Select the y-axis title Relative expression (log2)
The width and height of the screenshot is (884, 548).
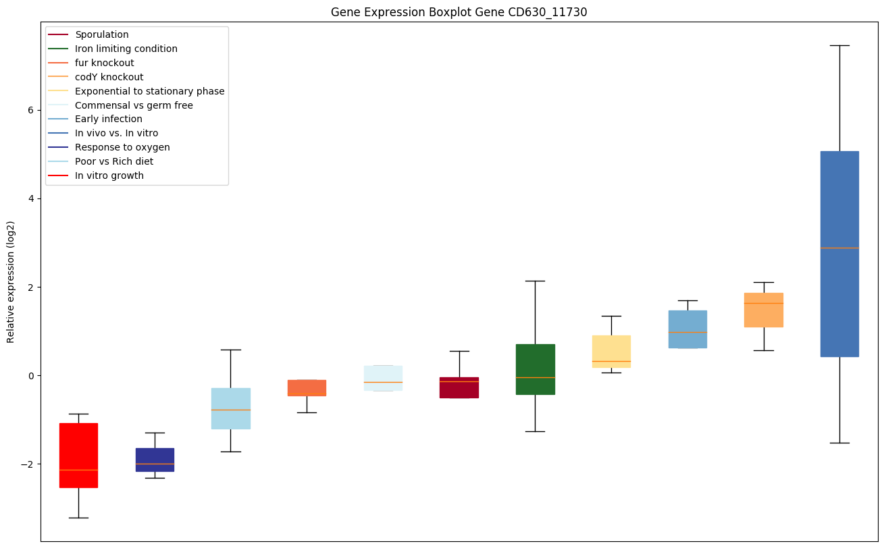[11, 281]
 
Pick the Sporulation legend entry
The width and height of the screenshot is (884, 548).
[102, 34]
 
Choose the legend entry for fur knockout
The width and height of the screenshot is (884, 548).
[105, 63]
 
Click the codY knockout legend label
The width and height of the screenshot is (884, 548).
[109, 77]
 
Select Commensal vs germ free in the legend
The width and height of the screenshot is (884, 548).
[134, 105]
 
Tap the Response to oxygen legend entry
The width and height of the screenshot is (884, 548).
[122, 147]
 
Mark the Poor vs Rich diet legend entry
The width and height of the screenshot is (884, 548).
[114, 161]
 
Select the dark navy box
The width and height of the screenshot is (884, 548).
[155, 459]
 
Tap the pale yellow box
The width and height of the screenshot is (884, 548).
[611, 351]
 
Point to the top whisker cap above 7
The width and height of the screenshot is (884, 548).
[839, 45]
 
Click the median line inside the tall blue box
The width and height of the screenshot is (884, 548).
[839, 248]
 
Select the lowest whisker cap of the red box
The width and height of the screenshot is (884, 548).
[78, 518]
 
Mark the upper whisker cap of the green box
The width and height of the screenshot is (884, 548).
[535, 281]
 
